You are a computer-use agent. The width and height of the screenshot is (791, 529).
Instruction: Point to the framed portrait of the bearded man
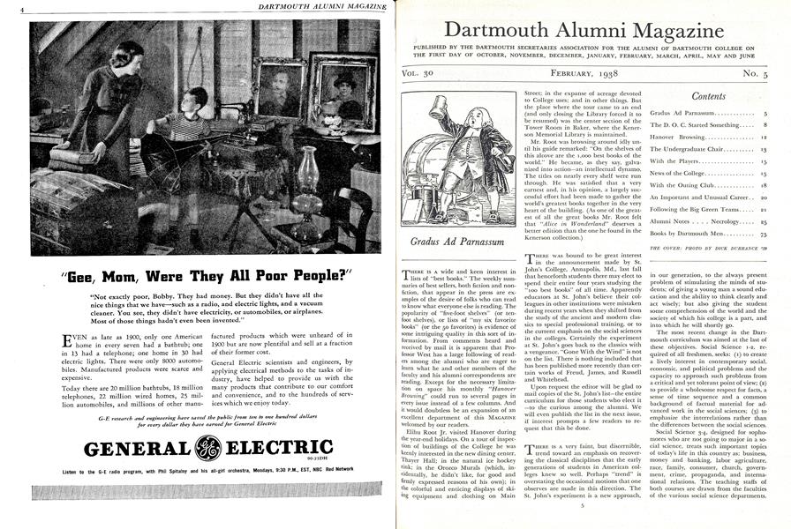coord(277,87)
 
